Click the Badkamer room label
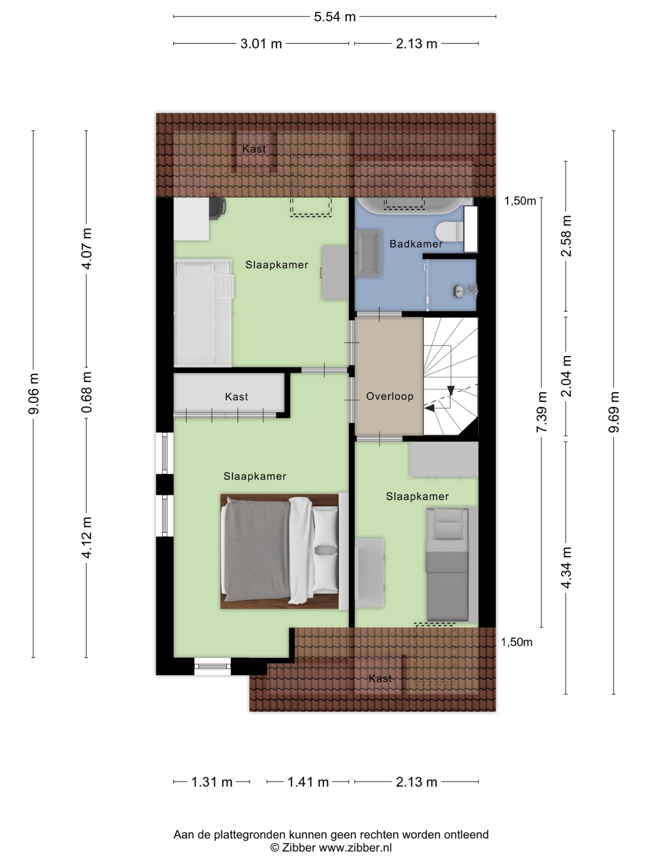click(x=416, y=244)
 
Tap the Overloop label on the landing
click(x=390, y=396)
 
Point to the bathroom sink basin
click(x=368, y=253)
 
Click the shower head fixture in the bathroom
click(x=465, y=290)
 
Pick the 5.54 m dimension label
click(x=335, y=17)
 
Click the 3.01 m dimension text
click(x=261, y=44)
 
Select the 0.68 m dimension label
click(x=87, y=392)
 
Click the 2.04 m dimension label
click(x=566, y=376)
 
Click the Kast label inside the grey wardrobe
click(x=236, y=397)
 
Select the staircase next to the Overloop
click(x=451, y=376)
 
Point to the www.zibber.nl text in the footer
click(x=355, y=847)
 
